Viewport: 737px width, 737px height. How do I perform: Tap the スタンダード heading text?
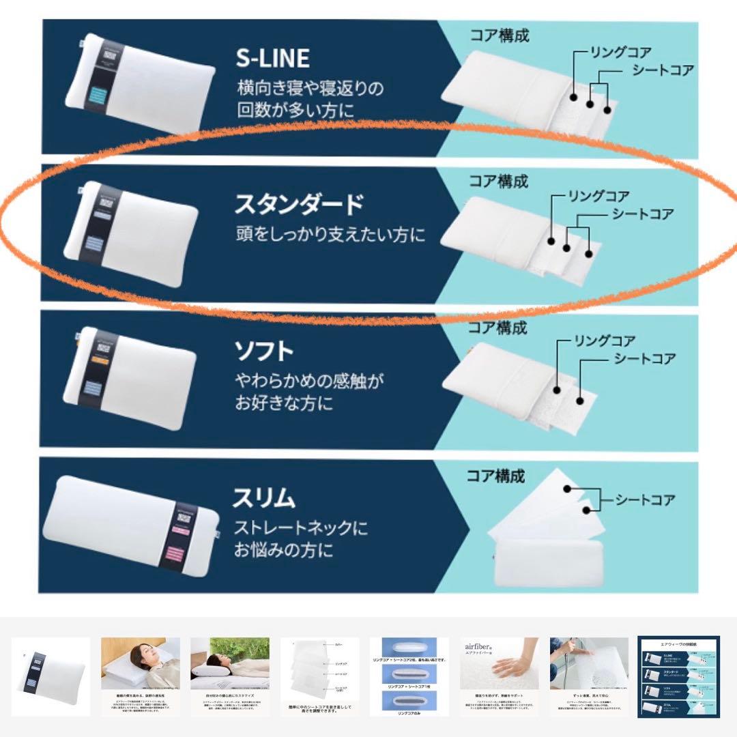click(299, 204)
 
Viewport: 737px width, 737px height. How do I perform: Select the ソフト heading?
click(265, 351)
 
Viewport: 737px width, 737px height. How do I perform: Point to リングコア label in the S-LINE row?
click(620, 52)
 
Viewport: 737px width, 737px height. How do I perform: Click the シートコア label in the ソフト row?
click(644, 358)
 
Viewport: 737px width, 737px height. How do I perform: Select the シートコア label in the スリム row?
click(645, 500)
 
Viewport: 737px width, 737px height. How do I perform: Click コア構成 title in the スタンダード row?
click(498, 182)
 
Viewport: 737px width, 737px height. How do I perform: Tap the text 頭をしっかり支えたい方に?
click(330, 235)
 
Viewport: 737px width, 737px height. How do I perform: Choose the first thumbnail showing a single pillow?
click(51, 676)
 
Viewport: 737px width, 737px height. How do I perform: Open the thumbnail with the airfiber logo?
click(499, 676)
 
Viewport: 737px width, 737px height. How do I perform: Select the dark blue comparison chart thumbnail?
click(678, 676)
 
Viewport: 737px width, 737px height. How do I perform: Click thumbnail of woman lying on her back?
click(141, 676)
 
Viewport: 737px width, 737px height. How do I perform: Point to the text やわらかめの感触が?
click(315, 380)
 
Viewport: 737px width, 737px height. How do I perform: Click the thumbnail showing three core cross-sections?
click(409, 676)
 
